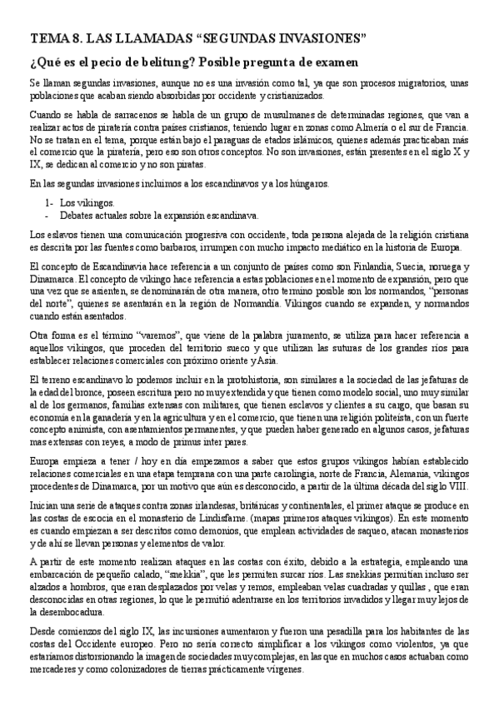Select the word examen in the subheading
[332, 62]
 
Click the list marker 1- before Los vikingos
[49, 202]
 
